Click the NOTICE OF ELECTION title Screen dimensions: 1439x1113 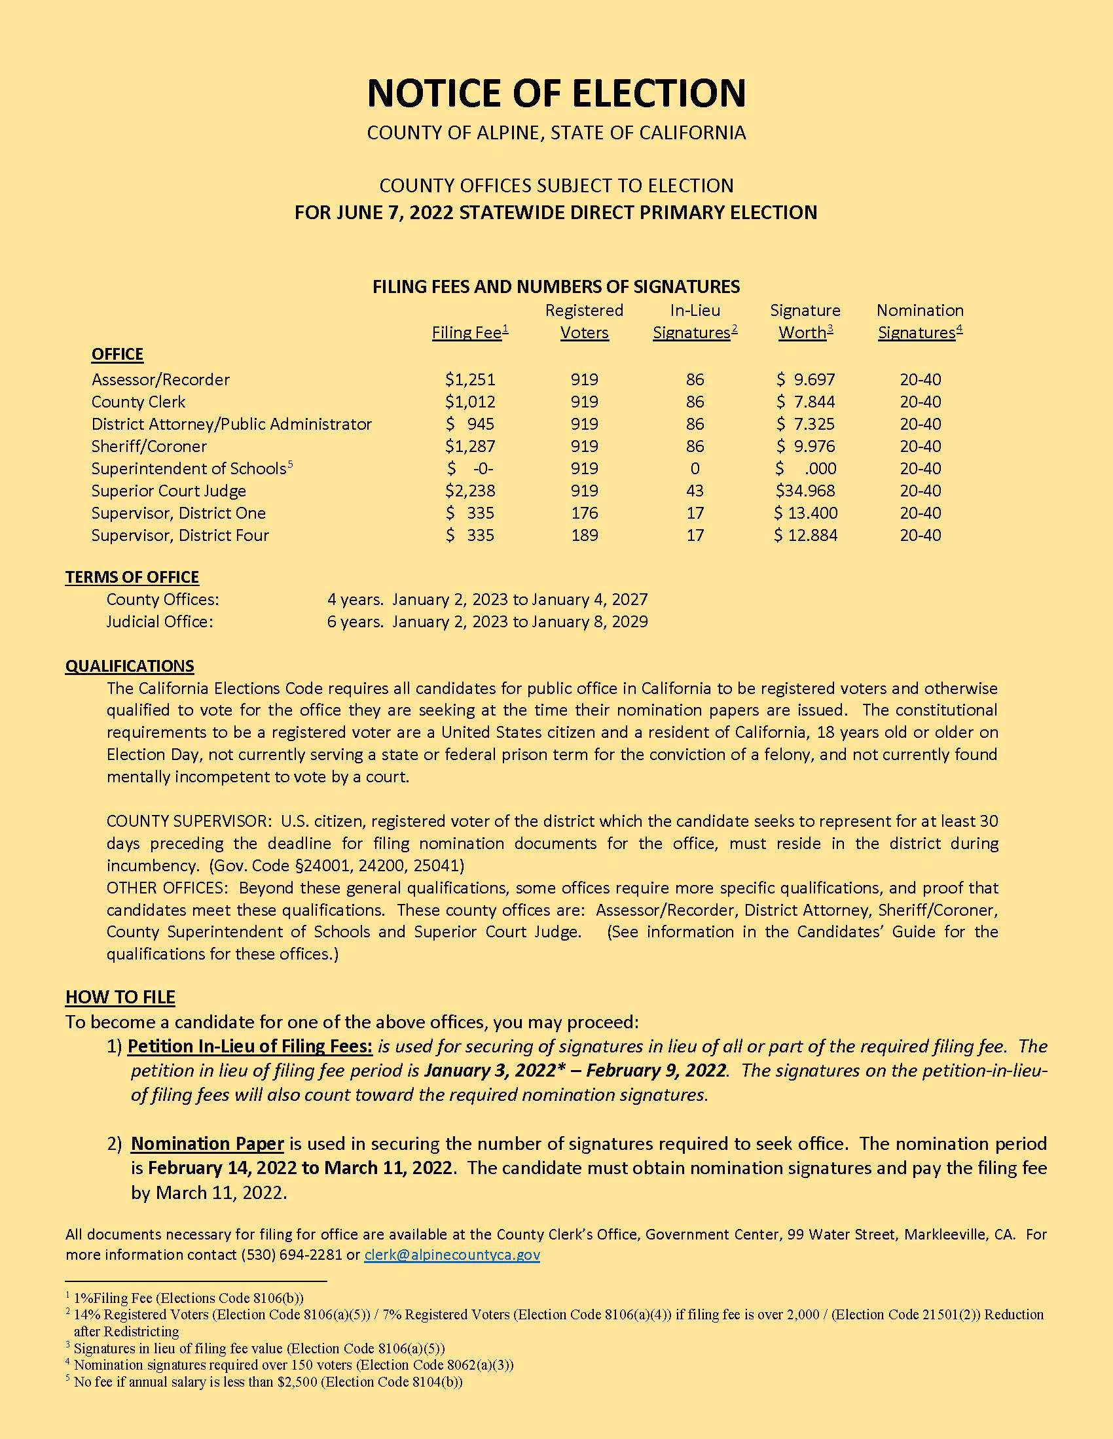pos(556,92)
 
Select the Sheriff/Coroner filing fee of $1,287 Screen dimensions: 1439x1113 pos(469,446)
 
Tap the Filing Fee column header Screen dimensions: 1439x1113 pos(469,333)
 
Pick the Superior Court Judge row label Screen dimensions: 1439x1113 pos(168,491)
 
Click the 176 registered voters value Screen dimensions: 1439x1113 pos(584,513)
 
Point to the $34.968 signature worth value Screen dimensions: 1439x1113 pos(805,491)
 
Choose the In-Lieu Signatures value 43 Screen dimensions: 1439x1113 pos(694,491)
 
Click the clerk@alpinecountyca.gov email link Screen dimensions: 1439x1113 pos(452,1255)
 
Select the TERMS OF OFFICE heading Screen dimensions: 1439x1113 pos(132,577)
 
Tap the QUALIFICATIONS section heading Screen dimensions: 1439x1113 pos(129,665)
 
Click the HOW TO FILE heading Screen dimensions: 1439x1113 pos(120,997)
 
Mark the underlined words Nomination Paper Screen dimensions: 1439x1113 pos(207,1144)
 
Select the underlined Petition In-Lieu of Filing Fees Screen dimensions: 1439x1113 pos(250,1047)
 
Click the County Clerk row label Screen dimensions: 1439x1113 pos(137,402)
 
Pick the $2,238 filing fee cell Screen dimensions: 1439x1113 pos(469,491)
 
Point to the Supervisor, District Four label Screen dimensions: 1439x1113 pos(180,535)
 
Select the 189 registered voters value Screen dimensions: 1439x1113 pos(584,535)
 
